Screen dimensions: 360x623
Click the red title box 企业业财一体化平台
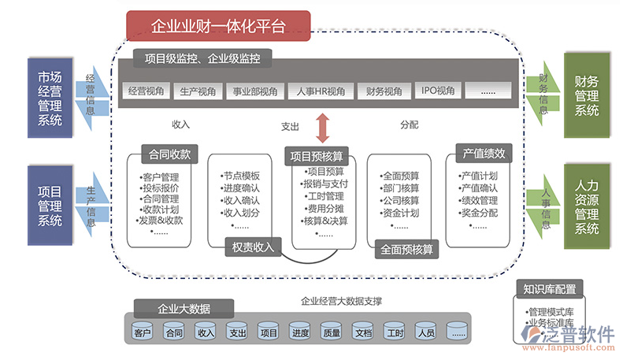218,26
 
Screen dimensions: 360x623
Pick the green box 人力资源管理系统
586,206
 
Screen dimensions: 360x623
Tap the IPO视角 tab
438,91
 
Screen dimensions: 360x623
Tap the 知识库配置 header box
549,289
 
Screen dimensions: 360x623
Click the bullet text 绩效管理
478,200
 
